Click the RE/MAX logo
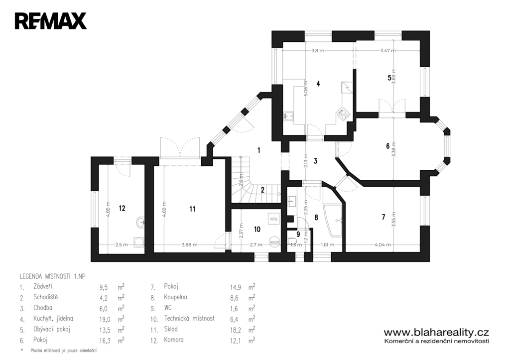pyautogui.click(x=51, y=21)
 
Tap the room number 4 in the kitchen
pyautogui.click(x=318, y=84)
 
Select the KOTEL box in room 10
pyautogui.click(x=273, y=219)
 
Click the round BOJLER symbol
pyautogui.click(x=274, y=241)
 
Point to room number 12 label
pyautogui.click(x=122, y=209)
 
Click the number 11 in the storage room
pyautogui.click(x=193, y=209)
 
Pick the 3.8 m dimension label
pyautogui.click(x=318, y=51)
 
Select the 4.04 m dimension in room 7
pyautogui.click(x=382, y=244)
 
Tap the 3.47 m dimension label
pyautogui.click(x=388, y=51)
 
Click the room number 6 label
pyautogui.click(x=387, y=146)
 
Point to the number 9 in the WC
pyautogui.click(x=298, y=234)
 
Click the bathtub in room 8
pyautogui.click(x=333, y=219)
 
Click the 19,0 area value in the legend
pyautogui.click(x=106, y=319)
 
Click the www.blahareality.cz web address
pyautogui.click(x=436, y=332)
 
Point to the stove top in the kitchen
pyautogui.click(x=343, y=114)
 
